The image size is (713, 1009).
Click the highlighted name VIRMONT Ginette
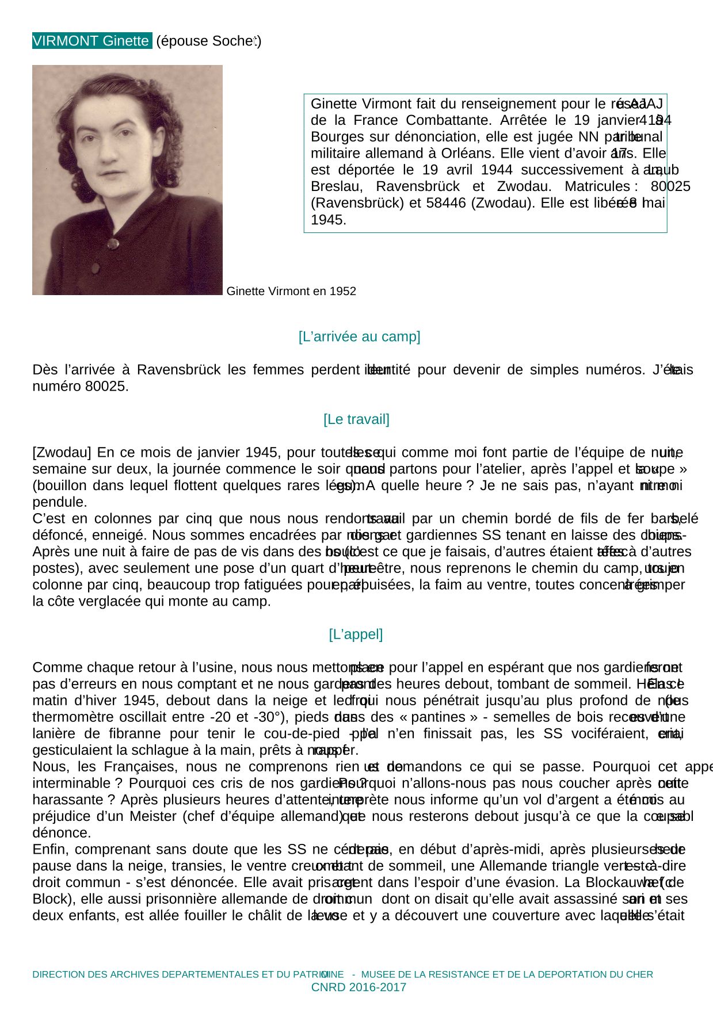pyautogui.click(x=91, y=41)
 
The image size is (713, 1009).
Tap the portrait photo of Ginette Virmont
pyautogui.click(x=127, y=179)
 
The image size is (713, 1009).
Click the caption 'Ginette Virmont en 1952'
pyautogui.click(x=291, y=291)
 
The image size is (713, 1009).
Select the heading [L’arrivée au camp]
pyautogui.click(x=359, y=337)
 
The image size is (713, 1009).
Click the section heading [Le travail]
pyautogui.click(x=356, y=419)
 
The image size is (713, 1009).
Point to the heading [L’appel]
pyautogui.click(x=356, y=635)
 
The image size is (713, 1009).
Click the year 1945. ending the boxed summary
pyautogui.click(x=328, y=220)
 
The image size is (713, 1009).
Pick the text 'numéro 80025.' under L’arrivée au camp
pyautogui.click(x=81, y=386)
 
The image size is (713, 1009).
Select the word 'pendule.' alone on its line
pyautogui.click(x=60, y=502)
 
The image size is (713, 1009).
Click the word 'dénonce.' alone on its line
pyautogui.click(x=62, y=833)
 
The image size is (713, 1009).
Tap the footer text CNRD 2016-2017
pyautogui.click(x=359, y=987)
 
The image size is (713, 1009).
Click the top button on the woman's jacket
pyautogui.click(x=113, y=244)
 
